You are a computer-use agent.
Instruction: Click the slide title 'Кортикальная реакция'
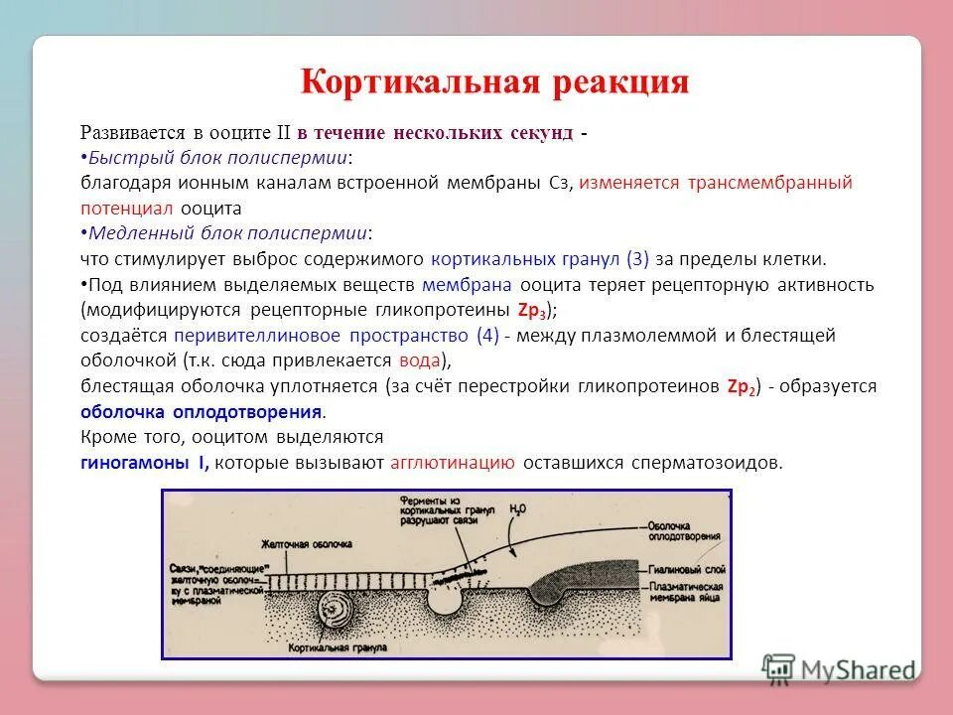tap(494, 80)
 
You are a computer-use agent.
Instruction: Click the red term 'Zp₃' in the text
tap(532, 309)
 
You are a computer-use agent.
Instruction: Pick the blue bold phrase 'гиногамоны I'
tap(145, 463)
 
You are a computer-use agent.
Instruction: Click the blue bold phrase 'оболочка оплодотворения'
tap(202, 412)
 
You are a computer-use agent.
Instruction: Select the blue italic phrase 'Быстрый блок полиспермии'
tap(218, 158)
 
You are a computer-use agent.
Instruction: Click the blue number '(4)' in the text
tap(487, 336)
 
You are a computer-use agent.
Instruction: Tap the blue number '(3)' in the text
tap(637, 259)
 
